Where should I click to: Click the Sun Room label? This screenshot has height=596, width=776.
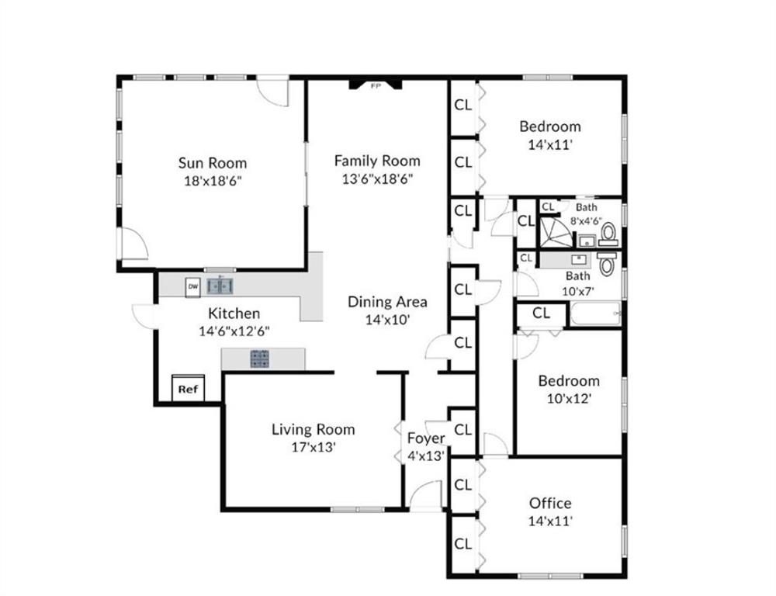click(x=213, y=163)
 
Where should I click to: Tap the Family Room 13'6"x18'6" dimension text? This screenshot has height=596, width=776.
click(x=377, y=178)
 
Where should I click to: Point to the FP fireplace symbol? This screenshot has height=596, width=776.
click(x=376, y=85)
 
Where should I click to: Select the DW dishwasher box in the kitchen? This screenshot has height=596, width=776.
click(x=193, y=287)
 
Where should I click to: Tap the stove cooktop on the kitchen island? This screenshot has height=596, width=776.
click(x=259, y=359)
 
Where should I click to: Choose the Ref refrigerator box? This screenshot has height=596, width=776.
click(x=188, y=389)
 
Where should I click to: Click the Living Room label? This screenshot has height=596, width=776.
click(x=313, y=429)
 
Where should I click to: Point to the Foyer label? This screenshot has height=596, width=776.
click(x=426, y=438)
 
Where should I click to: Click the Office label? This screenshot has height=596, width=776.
click(x=550, y=503)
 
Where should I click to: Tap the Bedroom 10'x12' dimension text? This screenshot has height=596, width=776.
click(x=569, y=398)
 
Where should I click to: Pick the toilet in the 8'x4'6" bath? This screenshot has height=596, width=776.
click(x=608, y=232)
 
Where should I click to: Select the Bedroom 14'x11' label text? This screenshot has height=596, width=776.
click(x=550, y=126)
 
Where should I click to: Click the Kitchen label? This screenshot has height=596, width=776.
click(x=234, y=314)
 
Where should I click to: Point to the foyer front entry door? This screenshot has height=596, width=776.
click(x=426, y=495)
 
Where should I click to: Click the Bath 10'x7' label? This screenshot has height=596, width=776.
click(x=577, y=275)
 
